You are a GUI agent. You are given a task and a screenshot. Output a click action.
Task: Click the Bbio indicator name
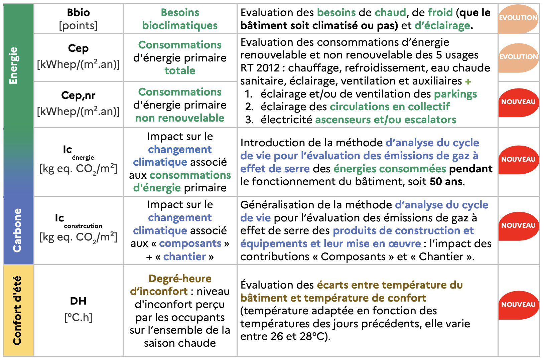(x=78, y=12)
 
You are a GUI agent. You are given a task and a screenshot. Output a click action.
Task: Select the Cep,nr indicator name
(x=78, y=96)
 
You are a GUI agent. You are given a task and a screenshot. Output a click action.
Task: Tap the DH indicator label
(x=78, y=301)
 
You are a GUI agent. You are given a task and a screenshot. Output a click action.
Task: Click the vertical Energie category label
(x=13, y=65)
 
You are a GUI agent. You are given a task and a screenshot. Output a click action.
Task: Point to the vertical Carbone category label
(x=17, y=230)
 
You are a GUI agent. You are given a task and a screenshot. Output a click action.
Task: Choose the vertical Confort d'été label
(x=17, y=310)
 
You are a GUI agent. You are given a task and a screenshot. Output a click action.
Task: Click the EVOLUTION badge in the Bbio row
(x=518, y=18)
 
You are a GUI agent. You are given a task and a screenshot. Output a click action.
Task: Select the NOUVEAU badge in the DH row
(x=518, y=305)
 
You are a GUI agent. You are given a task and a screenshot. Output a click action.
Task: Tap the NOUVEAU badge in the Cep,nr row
(x=518, y=102)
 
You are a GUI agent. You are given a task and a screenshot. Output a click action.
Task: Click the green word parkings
(x=455, y=94)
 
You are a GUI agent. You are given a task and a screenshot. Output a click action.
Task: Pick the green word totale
(x=180, y=71)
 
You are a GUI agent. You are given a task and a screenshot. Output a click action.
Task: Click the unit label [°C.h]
(x=78, y=317)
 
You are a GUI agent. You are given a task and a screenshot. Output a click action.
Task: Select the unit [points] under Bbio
(x=78, y=25)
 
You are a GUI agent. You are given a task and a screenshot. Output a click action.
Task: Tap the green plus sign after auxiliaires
(x=468, y=81)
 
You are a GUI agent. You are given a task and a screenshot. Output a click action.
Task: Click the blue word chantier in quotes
(x=184, y=256)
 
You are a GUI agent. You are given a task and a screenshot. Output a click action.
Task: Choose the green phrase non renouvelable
(x=180, y=118)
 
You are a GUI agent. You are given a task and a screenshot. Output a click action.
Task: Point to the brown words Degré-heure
(x=180, y=279)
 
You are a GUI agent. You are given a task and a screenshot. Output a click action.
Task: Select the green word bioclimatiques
(x=180, y=25)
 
